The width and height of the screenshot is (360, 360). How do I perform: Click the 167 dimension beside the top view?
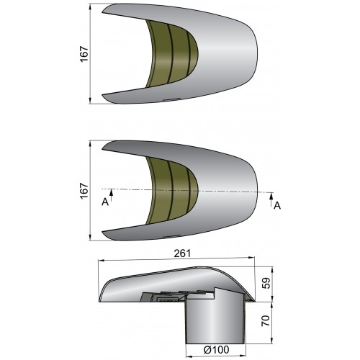click(x=84, y=53)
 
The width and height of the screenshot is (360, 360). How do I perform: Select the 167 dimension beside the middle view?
click(x=84, y=189)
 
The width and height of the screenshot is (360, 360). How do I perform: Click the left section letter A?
click(x=105, y=202)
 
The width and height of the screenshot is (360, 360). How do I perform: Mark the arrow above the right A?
click(x=271, y=196)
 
